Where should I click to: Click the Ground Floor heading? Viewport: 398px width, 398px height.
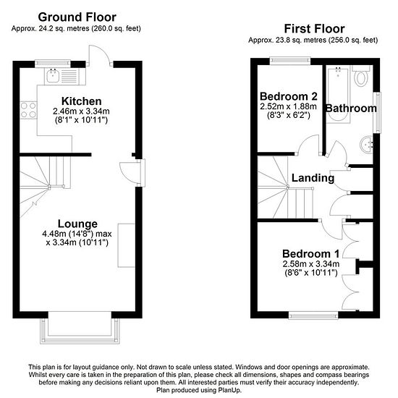77,17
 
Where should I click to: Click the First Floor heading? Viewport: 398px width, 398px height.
314,29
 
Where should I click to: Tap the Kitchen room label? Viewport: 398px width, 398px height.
82,101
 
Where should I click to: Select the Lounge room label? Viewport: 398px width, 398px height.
77,224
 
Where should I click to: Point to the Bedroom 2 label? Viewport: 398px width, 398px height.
289,96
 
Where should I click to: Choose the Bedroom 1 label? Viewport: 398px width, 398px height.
310,254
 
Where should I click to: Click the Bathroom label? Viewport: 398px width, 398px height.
351,109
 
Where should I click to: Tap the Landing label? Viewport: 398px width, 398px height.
313,178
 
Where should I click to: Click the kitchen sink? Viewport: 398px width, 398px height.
53,76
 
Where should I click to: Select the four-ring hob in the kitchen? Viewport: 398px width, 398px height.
28,110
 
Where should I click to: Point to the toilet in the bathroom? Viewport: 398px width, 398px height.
361,75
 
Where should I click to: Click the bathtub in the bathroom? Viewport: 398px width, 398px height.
338,94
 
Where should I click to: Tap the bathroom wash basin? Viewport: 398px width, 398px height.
366,145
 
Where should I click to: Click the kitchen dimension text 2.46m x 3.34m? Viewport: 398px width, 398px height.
81,111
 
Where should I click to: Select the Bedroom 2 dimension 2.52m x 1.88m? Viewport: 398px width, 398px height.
288,106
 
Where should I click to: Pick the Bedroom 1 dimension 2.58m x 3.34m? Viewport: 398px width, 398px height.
311,264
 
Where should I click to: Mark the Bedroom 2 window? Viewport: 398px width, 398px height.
290,60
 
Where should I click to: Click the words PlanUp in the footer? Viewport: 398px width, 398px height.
230,390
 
